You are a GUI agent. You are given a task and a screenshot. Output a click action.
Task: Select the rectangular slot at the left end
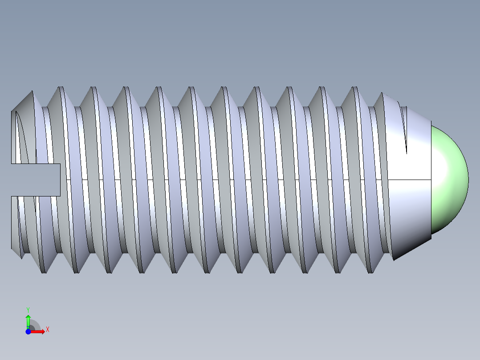pos(36,180)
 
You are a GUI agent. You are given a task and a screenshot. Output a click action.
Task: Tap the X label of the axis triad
pos(48,329)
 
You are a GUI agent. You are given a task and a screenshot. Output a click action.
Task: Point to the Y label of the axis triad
pos(28,309)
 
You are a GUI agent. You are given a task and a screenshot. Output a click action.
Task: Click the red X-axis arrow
pos(38,331)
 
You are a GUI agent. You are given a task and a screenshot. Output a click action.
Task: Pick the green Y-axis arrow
pos(28,320)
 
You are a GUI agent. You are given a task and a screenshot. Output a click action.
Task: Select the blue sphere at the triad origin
pos(28,331)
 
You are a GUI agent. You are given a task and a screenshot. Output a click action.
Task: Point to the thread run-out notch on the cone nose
pos(405,129)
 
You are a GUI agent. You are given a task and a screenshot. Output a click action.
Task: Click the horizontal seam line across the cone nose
pos(410,180)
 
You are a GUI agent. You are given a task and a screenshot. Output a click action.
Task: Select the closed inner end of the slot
pos(60,180)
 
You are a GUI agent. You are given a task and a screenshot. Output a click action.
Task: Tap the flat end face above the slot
pos(14,138)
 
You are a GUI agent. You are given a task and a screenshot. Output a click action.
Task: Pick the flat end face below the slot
pos(14,221)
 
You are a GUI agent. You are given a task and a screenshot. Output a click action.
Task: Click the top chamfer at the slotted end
pos(22,102)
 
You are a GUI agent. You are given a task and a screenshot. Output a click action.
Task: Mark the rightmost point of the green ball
pos(468,180)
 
